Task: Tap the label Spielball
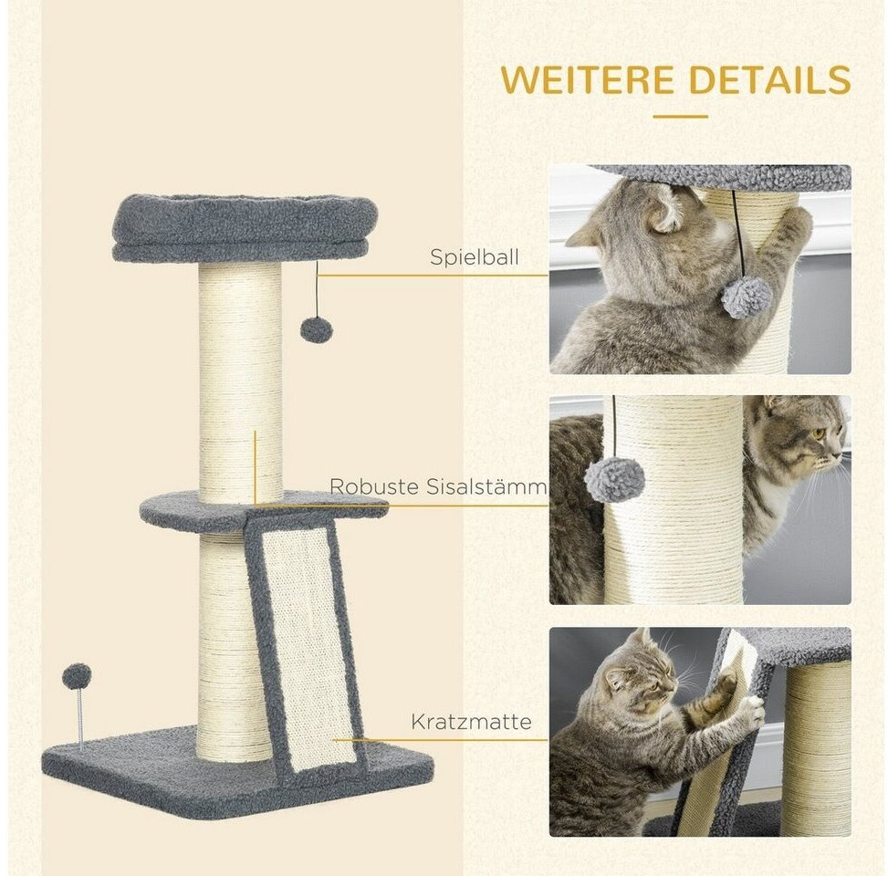(474, 257)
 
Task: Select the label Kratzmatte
(471, 722)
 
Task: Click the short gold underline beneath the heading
(680, 117)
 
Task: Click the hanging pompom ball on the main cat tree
(316, 329)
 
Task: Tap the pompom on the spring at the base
(77, 675)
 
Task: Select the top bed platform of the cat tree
(246, 228)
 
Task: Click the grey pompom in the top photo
(747, 297)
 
